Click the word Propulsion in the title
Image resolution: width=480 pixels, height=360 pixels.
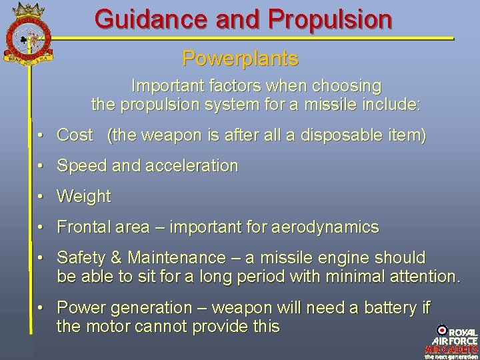[x=330, y=19]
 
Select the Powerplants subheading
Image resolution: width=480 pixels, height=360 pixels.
[x=240, y=59]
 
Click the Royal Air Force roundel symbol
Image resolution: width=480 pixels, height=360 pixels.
[x=442, y=330]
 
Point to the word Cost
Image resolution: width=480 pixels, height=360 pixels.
[x=75, y=135]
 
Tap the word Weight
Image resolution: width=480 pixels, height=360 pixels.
[x=84, y=197]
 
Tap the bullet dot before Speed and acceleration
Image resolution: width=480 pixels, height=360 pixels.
[x=41, y=166]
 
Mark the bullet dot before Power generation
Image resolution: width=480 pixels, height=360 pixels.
[x=41, y=308]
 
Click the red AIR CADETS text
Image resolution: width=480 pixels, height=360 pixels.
[x=451, y=349]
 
